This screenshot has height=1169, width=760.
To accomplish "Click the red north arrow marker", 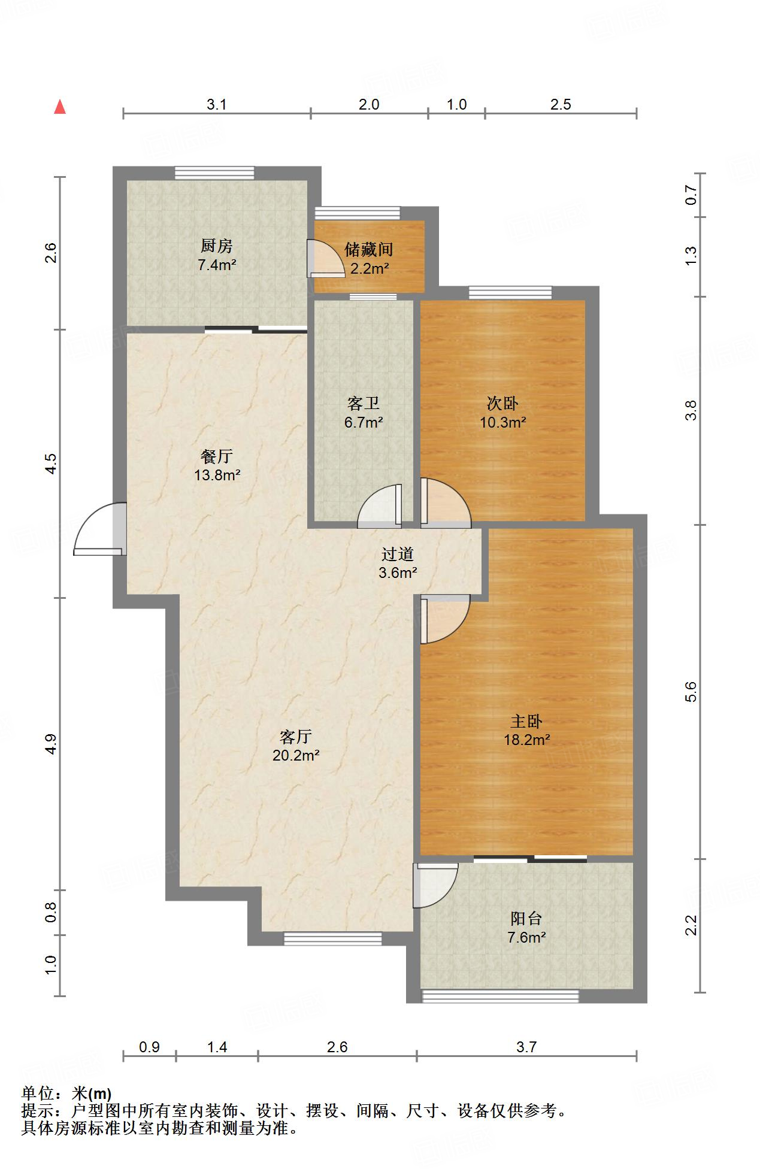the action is [60, 107].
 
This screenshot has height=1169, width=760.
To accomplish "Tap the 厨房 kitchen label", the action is [216, 246].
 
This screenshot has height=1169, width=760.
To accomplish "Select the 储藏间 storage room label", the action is [369, 249].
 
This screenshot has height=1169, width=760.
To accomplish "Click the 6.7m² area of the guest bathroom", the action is [364, 422].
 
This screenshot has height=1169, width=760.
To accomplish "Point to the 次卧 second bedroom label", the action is [502, 404].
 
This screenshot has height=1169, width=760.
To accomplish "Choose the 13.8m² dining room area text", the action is [217, 476].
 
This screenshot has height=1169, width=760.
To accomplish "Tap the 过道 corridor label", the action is [398, 554].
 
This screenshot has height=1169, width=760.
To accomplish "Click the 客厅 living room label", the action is [296, 736].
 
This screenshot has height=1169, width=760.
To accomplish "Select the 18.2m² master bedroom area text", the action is [527, 740].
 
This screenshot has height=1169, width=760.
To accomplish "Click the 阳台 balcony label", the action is [526, 918].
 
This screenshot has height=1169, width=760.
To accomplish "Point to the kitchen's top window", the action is [214, 173].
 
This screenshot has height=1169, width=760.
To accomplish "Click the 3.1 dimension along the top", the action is [217, 104].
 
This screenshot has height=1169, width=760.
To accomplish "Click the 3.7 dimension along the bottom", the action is [526, 1046].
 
